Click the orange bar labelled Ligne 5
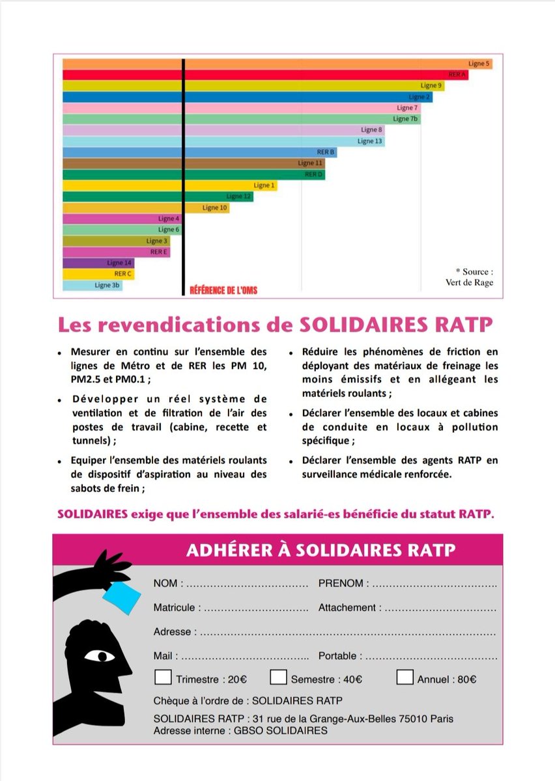[x=277, y=64]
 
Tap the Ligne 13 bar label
[x=369, y=141]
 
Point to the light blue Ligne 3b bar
[x=92, y=285]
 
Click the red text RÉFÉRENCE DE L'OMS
[x=223, y=290]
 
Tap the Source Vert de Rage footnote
[x=474, y=277]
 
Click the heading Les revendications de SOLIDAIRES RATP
[x=276, y=324]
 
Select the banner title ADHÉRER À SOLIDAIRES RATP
[x=320, y=550]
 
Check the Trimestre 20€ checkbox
[x=163, y=677]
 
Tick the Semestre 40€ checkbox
[x=278, y=677]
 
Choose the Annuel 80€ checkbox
[x=405, y=677]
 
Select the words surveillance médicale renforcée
[x=376, y=474]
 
